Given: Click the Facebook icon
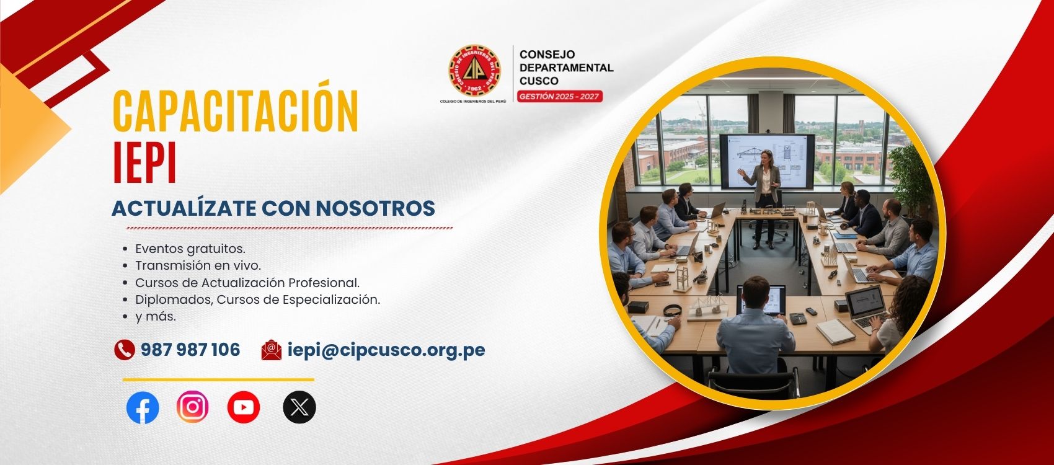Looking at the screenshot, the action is tap(143, 407).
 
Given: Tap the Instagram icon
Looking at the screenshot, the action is tap(192, 407).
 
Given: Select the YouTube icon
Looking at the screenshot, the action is tap(244, 407).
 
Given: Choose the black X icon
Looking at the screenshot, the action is tap(299, 407).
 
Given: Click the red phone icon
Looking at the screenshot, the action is tap(125, 350).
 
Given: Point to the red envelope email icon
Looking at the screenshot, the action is tap(272, 350).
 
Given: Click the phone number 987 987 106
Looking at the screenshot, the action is tap(190, 350).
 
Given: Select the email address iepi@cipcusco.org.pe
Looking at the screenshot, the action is tap(386, 351).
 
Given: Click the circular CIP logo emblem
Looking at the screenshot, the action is tap(474, 71).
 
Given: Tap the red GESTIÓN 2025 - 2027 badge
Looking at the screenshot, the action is tap(560, 97).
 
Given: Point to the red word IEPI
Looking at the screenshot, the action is tap(145, 162).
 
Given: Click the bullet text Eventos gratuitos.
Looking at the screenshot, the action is tap(190, 249).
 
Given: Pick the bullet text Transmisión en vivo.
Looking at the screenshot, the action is tap(198, 265).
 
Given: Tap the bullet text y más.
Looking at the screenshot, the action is tap(156, 317).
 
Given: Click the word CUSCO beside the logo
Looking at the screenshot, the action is tap(539, 81).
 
